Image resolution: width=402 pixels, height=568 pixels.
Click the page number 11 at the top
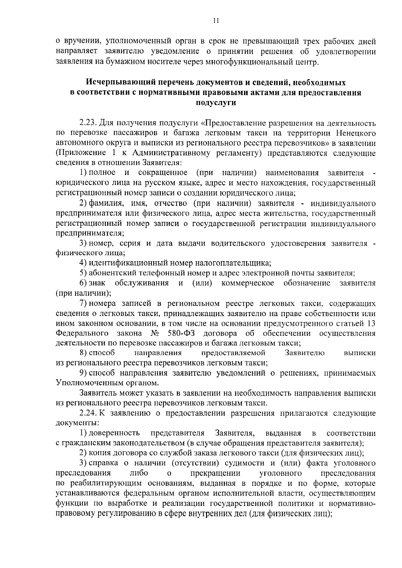(x=216, y=21)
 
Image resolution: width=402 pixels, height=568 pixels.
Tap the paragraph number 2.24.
(x=88, y=413)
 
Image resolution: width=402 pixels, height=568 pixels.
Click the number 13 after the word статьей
(x=371, y=323)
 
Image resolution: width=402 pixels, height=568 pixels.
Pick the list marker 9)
(x=84, y=373)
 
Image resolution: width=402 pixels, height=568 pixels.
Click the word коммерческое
(x=248, y=283)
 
